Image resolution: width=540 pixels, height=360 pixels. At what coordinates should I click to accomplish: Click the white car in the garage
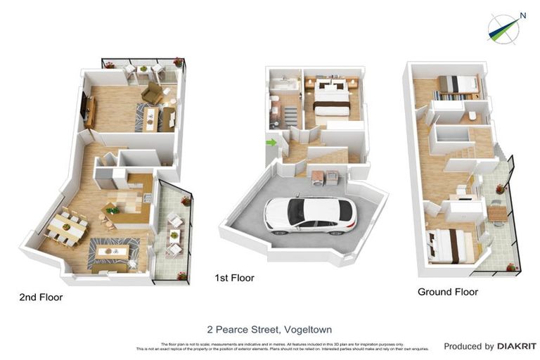coord(310,214)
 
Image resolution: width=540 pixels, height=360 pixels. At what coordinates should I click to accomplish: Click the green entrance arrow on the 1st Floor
coord(271,143)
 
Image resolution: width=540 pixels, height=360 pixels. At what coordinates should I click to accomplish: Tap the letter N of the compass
coord(522,15)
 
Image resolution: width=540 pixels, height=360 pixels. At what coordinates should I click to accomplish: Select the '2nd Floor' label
coord(41,297)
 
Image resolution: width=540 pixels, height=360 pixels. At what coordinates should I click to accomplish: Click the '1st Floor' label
coord(234,278)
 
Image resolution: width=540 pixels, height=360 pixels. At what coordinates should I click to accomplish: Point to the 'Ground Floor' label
coord(447,292)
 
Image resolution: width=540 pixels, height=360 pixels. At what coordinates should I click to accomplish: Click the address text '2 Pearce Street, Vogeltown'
coord(269,329)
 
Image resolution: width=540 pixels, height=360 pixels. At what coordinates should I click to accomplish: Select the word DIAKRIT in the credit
coord(517,346)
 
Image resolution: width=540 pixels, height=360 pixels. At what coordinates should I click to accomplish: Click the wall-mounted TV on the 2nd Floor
coord(86,108)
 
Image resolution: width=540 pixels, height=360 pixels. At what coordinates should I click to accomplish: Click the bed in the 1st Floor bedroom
coord(330,98)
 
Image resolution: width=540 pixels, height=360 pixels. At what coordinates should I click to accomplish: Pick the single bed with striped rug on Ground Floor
coord(457,84)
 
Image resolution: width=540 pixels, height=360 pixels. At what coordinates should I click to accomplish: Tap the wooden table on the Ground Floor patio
coord(498,212)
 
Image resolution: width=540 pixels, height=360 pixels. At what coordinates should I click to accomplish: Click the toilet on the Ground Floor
coord(472,115)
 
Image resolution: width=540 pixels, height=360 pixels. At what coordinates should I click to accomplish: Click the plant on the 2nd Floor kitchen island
coord(110,209)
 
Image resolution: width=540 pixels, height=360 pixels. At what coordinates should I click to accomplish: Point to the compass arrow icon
coord(503,27)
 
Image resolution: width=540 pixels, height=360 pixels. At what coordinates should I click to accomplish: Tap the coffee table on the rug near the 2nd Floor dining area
coord(112,251)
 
